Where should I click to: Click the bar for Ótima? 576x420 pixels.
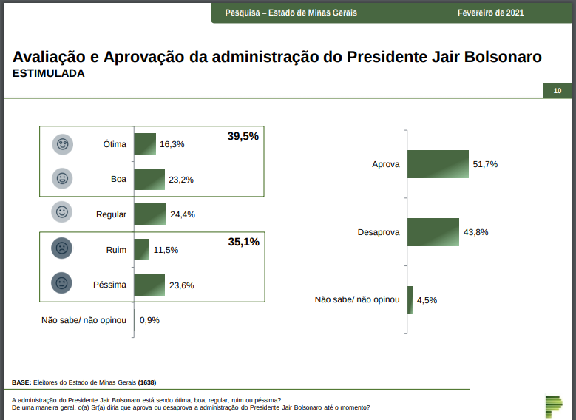tap(145, 143)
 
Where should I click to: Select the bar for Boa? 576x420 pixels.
tap(149, 179)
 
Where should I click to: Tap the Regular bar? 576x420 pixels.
tap(150, 214)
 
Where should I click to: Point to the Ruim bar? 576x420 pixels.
tap(142, 250)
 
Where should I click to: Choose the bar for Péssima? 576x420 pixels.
tap(149, 285)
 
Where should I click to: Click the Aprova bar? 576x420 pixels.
tap(438, 164)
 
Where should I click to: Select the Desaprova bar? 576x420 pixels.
tap(433, 231)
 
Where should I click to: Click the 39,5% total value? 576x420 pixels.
tap(243, 136)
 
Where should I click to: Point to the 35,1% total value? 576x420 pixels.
tap(243, 242)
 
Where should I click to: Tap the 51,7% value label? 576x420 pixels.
tap(485, 164)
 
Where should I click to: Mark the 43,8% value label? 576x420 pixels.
tap(476, 232)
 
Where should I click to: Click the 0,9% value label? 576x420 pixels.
tap(149, 320)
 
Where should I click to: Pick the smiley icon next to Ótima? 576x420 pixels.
tap(62, 144)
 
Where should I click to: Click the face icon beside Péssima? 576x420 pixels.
tap(61, 285)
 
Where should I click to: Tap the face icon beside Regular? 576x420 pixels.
tap(62, 214)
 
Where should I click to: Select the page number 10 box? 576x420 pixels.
tap(557, 91)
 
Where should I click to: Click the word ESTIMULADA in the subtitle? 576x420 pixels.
tap(49, 74)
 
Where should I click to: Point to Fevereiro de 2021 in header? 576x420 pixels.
tap(491, 13)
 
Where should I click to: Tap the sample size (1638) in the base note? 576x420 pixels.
tap(146, 382)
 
